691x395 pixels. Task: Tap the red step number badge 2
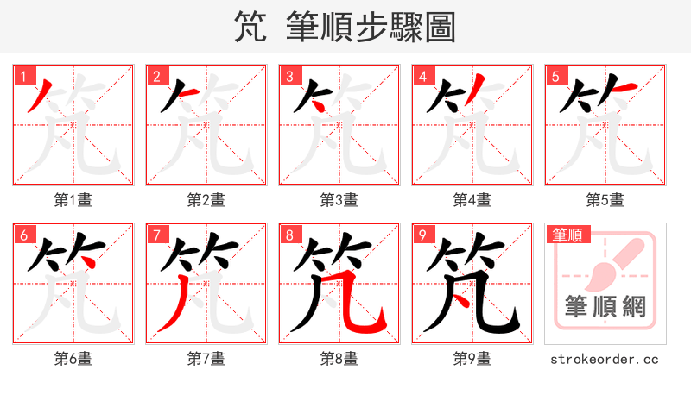point(156,76)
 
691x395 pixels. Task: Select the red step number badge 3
point(289,76)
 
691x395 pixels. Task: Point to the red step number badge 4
point(422,76)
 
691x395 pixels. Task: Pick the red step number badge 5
point(555,76)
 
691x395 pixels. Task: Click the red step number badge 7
point(156,235)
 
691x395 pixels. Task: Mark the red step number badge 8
point(289,235)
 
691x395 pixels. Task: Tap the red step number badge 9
point(422,235)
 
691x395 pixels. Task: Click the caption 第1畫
point(73,200)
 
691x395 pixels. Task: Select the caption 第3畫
point(339,200)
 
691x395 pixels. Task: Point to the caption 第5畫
point(605,200)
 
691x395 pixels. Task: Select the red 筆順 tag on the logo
point(566,234)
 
